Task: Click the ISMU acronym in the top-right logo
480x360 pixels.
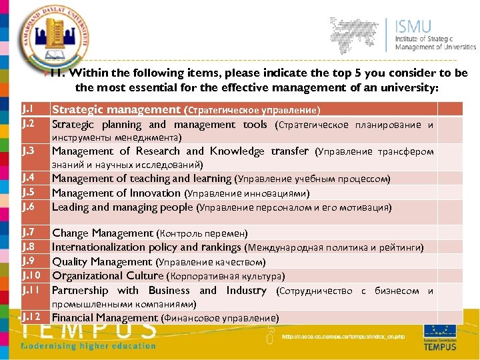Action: [413, 27]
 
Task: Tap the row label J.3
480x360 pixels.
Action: [28, 151]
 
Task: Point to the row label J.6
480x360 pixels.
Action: [28, 207]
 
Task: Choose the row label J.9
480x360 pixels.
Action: [28, 261]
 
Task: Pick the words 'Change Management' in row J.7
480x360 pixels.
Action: [102, 233]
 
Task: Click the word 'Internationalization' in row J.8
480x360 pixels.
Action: [99, 247]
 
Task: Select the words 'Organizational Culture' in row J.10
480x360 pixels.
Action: [107, 275]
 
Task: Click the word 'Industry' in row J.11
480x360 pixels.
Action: [246, 290]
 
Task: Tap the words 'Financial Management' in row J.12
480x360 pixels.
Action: [105, 317]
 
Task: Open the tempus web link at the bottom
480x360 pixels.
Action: [343, 337]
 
